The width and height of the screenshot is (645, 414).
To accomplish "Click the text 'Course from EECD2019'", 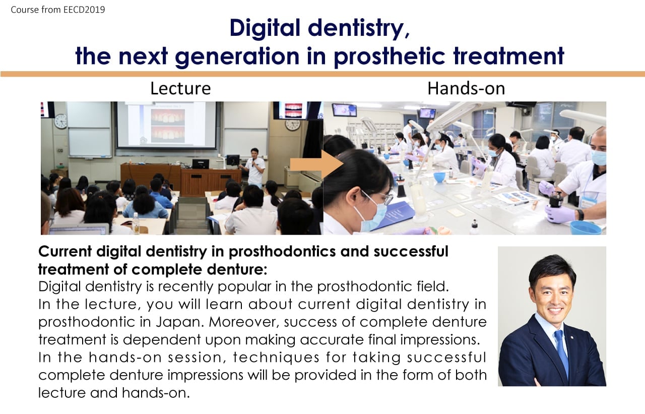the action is point(58,10).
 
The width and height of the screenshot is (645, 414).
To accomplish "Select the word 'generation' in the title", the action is point(237,57).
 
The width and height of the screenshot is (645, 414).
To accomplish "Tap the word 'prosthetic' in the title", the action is point(390,57).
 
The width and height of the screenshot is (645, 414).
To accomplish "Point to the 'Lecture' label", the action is point(180,88).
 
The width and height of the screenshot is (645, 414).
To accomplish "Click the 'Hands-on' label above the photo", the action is point(466,88).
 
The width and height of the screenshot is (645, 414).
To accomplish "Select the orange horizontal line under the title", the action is point(322,74).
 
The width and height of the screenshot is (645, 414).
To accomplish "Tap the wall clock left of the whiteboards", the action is point(61,121).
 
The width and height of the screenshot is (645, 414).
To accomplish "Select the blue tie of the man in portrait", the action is point(562,354).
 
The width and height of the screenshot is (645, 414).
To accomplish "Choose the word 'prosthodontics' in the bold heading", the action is point(282,251).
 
